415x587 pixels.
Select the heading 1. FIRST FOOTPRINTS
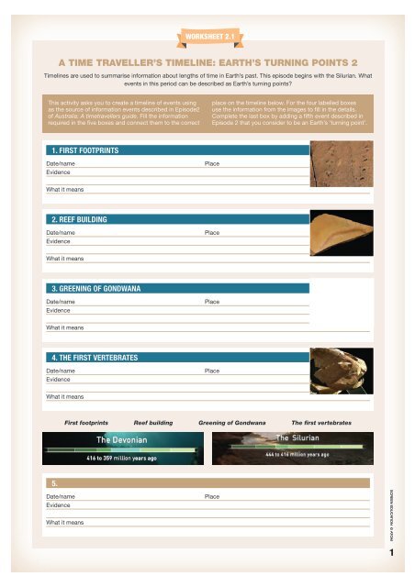click(84, 150)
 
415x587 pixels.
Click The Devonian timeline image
click(123, 448)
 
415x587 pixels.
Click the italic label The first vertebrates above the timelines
click(321, 421)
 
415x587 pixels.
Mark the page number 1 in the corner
click(391, 554)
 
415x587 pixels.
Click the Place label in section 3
click(211, 301)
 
